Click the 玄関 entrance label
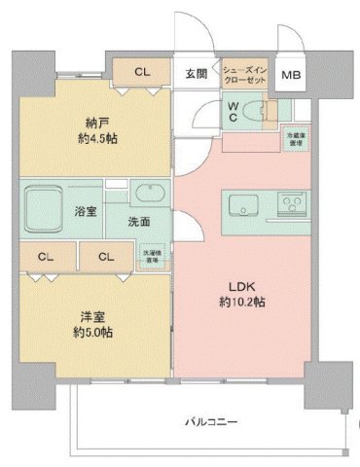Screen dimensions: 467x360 click(x=195, y=73)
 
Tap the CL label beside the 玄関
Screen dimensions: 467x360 click(x=142, y=72)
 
